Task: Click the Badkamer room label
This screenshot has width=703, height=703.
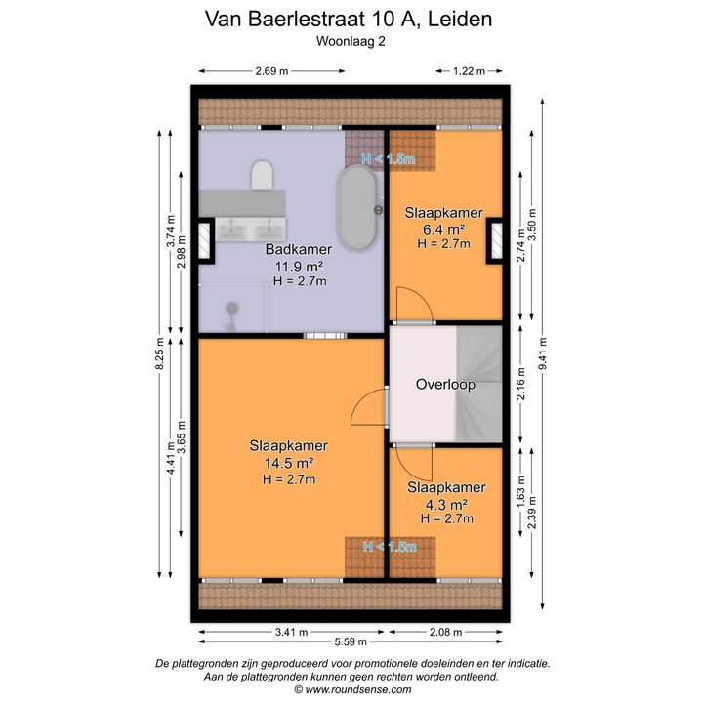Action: click(299, 249)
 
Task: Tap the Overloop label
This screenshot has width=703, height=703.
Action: click(445, 385)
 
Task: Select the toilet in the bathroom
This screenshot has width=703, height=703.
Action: click(263, 176)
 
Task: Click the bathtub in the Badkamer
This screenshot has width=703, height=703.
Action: click(357, 208)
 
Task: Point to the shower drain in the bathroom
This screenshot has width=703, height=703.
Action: click(231, 309)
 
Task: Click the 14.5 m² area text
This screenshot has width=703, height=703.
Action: click(289, 462)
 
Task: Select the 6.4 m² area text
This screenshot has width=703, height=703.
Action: click(443, 229)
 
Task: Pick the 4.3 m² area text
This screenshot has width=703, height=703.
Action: click(446, 505)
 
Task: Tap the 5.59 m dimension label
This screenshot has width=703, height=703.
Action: click(351, 642)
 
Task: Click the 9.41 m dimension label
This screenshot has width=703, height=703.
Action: click(543, 353)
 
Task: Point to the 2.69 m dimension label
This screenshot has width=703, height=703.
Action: click(271, 71)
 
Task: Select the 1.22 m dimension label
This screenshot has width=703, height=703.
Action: click(469, 71)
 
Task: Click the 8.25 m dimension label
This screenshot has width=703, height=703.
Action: click(159, 353)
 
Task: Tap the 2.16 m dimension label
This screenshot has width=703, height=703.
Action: click(520, 385)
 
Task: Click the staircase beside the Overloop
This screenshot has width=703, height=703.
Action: click(479, 384)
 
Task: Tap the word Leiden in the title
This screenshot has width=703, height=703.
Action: click(460, 19)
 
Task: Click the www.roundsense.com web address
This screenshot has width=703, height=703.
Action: click(357, 689)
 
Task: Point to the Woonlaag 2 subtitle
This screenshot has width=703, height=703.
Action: click(351, 41)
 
